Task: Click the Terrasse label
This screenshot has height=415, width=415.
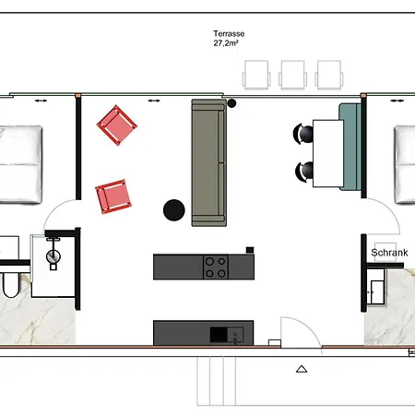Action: point(229,33)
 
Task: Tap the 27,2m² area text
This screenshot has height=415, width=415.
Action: point(226,43)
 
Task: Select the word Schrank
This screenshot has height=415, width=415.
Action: point(389,253)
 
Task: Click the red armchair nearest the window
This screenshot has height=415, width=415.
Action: point(117,125)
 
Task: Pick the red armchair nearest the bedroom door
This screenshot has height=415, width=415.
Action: point(113,196)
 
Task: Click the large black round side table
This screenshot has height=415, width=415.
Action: point(174,210)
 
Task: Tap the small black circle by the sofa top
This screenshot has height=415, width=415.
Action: point(231,103)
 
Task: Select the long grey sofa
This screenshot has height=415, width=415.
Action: point(209,162)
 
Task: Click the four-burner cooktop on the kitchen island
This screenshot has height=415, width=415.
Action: point(216,267)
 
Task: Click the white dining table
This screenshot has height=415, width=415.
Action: point(328,153)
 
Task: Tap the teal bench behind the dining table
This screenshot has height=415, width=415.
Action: point(350,147)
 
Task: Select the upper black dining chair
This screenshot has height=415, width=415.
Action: point(302,134)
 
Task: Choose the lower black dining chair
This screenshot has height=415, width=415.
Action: point(304,172)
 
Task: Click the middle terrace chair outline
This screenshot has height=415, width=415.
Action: point(292,75)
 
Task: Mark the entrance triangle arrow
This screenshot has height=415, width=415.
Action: point(302,369)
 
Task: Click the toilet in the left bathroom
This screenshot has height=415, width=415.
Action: point(11,285)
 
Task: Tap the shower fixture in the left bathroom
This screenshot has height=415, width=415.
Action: point(53,255)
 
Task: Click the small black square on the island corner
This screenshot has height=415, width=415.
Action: point(250,250)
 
